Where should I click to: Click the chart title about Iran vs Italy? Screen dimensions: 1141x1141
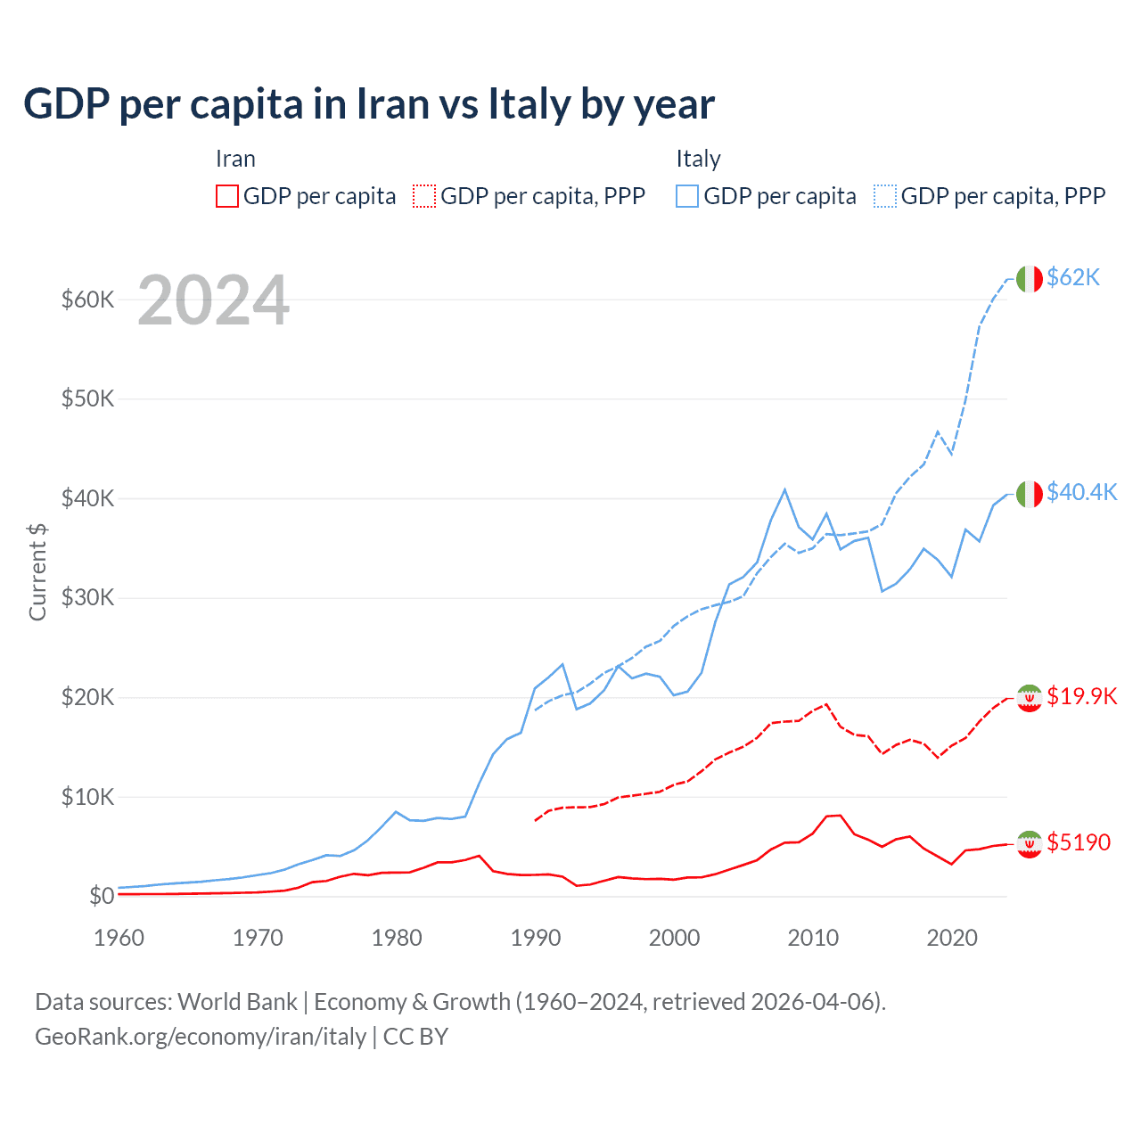pyautogui.click(x=369, y=104)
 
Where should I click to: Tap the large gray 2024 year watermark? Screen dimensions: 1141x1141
pyautogui.click(x=213, y=300)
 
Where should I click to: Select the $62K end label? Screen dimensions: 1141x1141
pyautogui.click(x=1073, y=277)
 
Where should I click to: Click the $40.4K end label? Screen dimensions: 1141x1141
pyautogui.click(x=1081, y=492)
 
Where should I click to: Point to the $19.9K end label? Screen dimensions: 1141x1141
pyautogui.click(x=1081, y=696)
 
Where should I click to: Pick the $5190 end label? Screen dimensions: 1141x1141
pyautogui.click(x=1079, y=842)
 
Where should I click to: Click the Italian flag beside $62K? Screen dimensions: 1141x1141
pyautogui.click(x=1029, y=279)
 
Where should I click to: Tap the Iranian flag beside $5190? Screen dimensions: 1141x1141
pyautogui.click(x=1029, y=843)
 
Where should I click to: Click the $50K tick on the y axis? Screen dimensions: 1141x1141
pyautogui.click(x=87, y=398)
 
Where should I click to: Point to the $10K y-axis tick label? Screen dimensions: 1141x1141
pyautogui.click(x=87, y=797)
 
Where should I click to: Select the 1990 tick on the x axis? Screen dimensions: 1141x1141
pyautogui.click(x=536, y=938)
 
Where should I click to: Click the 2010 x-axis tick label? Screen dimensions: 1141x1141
pyautogui.click(x=813, y=938)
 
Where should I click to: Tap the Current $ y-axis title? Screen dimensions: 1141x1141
pyautogui.click(x=37, y=571)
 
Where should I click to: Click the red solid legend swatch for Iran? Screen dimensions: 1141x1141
pyautogui.click(x=227, y=196)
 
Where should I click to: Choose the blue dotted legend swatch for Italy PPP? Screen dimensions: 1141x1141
pyautogui.click(x=885, y=196)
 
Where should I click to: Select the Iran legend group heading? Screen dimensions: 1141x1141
pyautogui.click(x=235, y=159)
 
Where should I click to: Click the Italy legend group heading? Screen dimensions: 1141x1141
pyautogui.click(x=698, y=159)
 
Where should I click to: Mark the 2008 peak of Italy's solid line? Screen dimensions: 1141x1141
pyautogui.click(x=784, y=489)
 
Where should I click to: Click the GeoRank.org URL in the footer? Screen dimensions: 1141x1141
pyautogui.click(x=201, y=1037)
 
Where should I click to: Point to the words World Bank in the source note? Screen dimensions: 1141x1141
pyautogui.click(x=237, y=1002)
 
